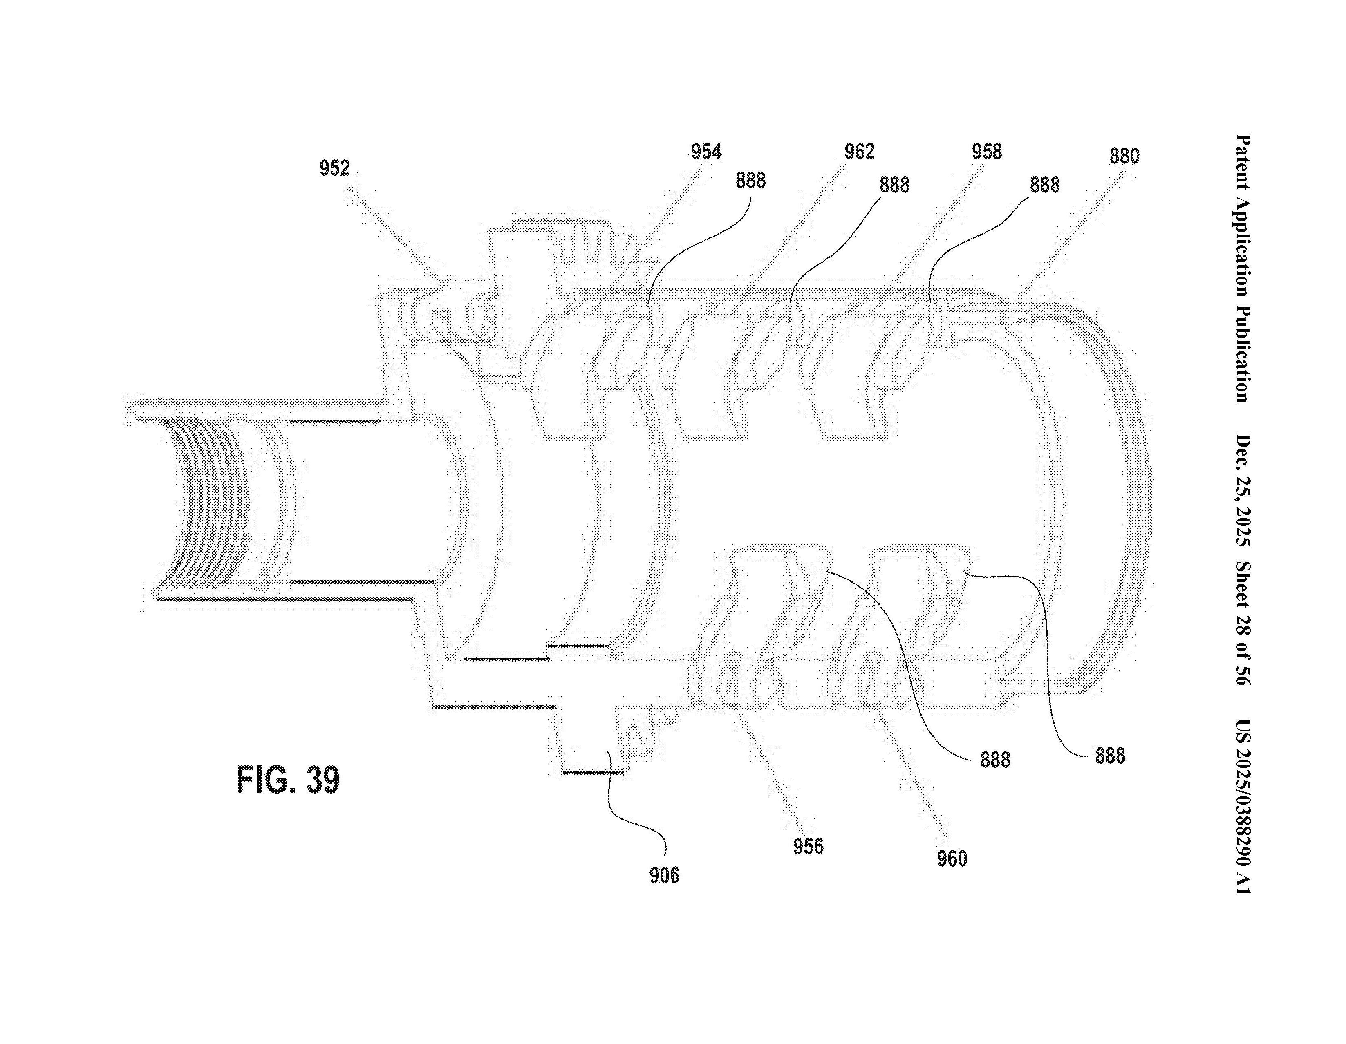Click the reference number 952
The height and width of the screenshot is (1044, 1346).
(x=335, y=168)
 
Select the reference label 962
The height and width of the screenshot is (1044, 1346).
(x=860, y=152)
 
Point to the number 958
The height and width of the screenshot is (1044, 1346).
(x=987, y=152)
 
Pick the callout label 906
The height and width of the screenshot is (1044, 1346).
(x=664, y=875)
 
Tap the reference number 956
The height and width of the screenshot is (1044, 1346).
(x=808, y=846)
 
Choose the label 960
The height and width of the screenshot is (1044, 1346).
(x=952, y=858)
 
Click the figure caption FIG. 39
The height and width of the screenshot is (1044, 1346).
(x=288, y=780)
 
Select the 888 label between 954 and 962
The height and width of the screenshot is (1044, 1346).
(x=750, y=181)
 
